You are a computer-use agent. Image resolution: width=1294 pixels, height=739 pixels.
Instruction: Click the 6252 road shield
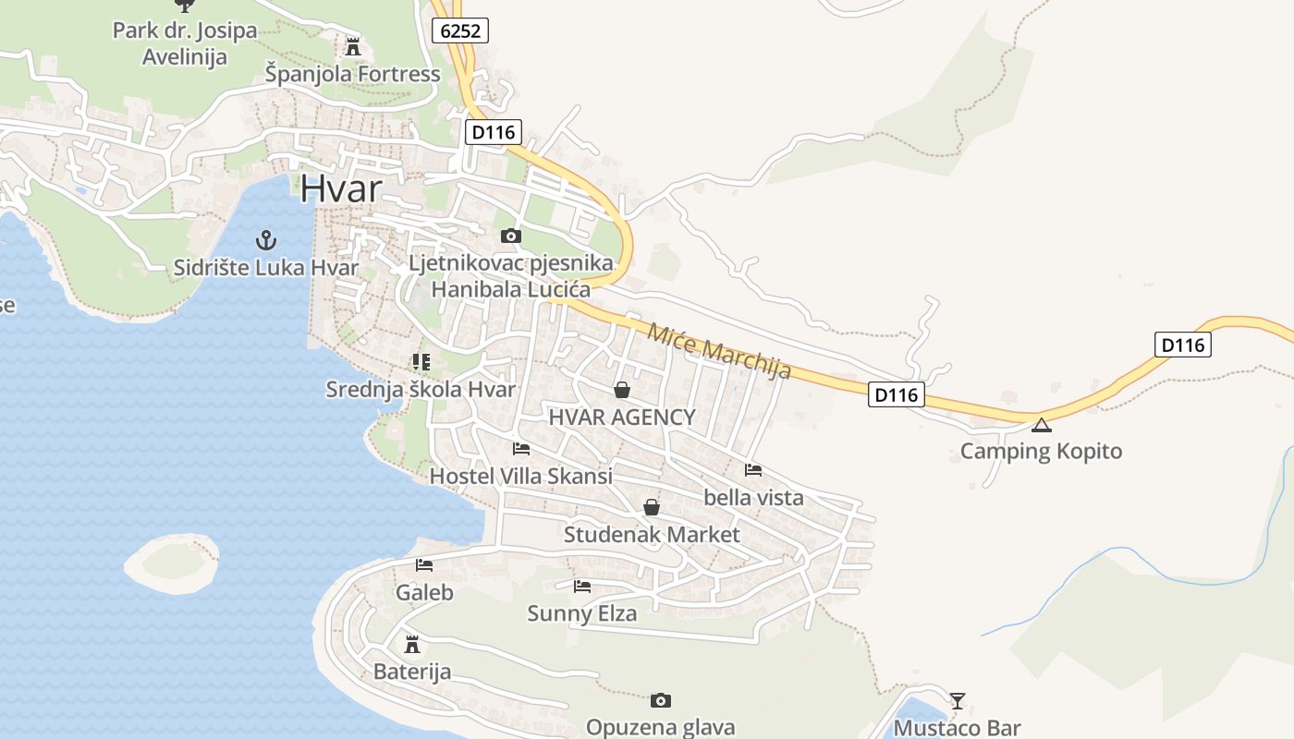pyautogui.click(x=460, y=30)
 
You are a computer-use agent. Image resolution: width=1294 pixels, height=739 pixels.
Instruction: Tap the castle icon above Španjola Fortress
pyautogui.click(x=352, y=45)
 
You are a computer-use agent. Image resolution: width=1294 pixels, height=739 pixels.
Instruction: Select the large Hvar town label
pyautogui.click(x=340, y=188)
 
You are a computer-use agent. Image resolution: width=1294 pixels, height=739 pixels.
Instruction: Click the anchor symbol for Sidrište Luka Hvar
pyautogui.click(x=265, y=241)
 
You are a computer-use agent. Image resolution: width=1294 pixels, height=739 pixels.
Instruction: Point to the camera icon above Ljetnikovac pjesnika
pyautogui.click(x=510, y=236)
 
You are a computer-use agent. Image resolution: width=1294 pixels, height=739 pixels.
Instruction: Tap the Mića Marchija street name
pyautogui.click(x=719, y=350)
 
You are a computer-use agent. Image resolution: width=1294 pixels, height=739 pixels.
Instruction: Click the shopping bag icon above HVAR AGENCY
pyautogui.click(x=622, y=390)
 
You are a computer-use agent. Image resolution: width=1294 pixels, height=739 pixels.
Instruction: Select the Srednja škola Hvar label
pyautogui.click(x=421, y=389)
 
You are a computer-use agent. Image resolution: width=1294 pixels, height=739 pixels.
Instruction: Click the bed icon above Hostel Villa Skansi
pyautogui.click(x=521, y=449)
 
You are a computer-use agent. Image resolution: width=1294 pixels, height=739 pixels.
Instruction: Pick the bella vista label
pyautogui.click(x=753, y=497)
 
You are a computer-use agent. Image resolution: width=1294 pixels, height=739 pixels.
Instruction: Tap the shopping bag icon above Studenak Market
pyautogui.click(x=652, y=507)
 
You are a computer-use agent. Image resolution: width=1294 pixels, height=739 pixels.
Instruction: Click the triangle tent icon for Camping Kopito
pyautogui.click(x=1042, y=425)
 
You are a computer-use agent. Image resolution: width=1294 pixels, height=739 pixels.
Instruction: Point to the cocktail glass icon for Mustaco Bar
pyautogui.click(x=958, y=700)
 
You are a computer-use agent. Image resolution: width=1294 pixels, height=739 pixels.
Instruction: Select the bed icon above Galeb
pyautogui.click(x=424, y=564)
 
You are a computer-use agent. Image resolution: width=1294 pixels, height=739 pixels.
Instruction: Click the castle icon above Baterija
pyautogui.click(x=412, y=644)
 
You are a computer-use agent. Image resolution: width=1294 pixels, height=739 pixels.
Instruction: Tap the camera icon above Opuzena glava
pyautogui.click(x=660, y=700)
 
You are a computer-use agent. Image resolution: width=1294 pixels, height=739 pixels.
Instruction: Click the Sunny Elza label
pyautogui.click(x=581, y=612)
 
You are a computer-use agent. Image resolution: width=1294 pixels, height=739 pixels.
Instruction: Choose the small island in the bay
pyautogui.click(x=172, y=562)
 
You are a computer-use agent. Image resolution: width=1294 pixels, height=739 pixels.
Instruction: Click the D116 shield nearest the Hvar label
pyautogui.click(x=493, y=132)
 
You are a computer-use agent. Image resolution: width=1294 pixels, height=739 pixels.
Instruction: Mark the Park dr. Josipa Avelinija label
pyautogui.click(x=184, y=43)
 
